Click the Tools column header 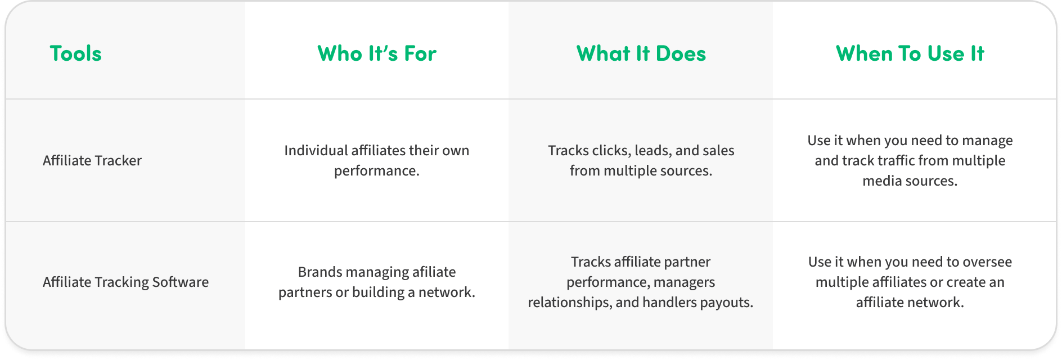point(76,53)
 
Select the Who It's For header point(377,53)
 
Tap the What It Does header point(641,53)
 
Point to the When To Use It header point(910,53)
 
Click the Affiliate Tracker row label point(92,160)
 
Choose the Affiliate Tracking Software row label point(125,282)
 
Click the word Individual point(316,150)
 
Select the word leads point(653,151)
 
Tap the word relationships point(570,303)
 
